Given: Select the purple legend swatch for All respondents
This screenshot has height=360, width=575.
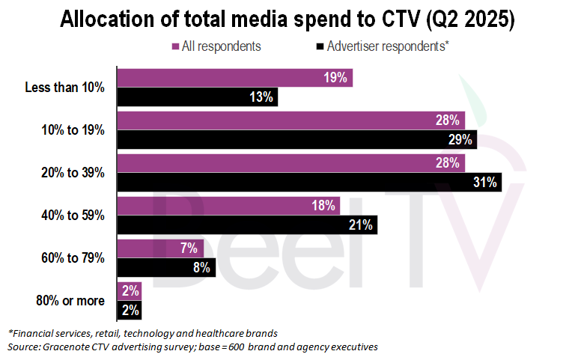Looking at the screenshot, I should [x=175, y=46].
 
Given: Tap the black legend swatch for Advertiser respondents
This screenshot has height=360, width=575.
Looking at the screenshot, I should [x=320, y=46].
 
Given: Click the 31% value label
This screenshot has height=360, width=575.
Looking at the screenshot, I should [x=485, y=182].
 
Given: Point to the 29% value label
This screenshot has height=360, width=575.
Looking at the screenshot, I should [x=460, y=139].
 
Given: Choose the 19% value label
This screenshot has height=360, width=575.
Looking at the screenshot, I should [x=336, y=78].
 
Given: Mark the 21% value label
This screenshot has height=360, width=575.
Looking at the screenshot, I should [x=362, y=225].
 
